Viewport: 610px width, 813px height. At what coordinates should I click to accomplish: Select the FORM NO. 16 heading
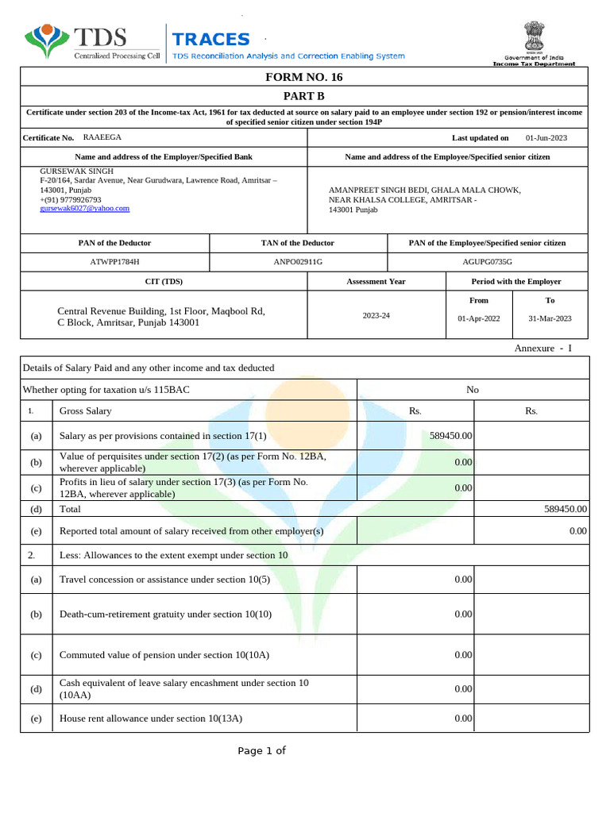(304, 77)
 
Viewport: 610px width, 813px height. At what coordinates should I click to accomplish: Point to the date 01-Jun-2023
(546, 138)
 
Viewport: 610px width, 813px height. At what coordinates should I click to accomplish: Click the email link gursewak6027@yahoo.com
(85, 208)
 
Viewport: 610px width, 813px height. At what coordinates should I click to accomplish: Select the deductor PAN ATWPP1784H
(114, 261)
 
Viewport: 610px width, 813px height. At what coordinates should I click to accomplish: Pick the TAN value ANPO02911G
(298, 261)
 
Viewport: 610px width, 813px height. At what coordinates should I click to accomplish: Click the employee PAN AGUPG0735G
(487, 261)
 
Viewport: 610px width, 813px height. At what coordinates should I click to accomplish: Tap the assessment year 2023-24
(376, 315)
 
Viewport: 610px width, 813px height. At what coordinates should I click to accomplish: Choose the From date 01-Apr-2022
(479, 318)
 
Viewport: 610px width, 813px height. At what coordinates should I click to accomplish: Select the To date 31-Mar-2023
(550, 318)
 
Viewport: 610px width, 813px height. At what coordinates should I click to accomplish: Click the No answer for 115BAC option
(473, 390)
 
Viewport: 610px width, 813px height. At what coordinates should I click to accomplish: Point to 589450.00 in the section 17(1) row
(450, 436)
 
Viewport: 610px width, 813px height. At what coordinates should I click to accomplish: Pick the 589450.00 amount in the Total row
(565, 509)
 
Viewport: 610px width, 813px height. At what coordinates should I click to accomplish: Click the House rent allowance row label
(151, 719)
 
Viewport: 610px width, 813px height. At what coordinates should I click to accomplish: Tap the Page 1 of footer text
(261, 751)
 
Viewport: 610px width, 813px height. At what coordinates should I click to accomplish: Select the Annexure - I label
(542, 349)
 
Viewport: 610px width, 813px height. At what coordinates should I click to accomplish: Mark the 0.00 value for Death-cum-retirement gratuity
(463, 615)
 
